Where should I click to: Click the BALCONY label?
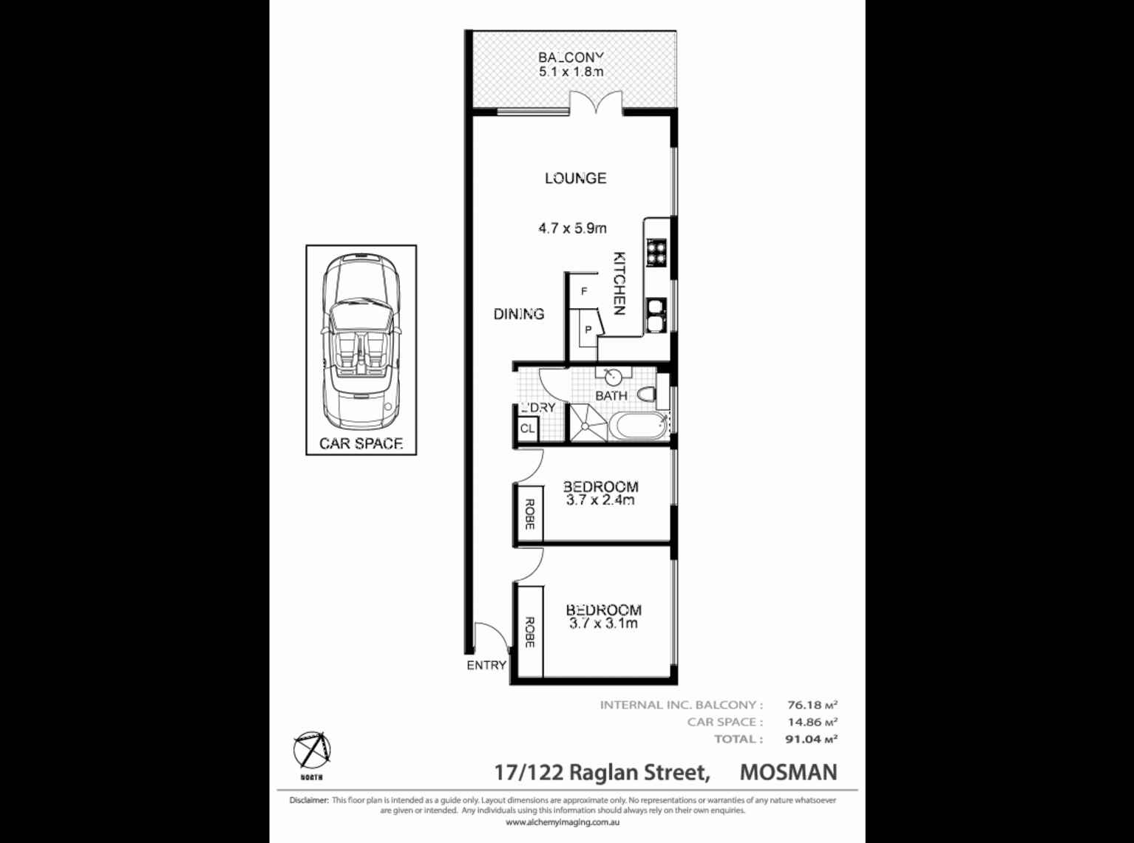click(x=571, y=57)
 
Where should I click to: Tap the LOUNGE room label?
click(x=575, y=178)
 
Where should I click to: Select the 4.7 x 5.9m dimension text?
click(x=572, y=228)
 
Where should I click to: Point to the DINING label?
click(x=519, y=314)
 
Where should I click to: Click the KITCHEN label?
click(x=619, y=284)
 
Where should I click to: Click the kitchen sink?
click(x=656, y=313)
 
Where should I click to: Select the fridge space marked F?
click(x=584, y=292)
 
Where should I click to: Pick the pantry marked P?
click(x=588, y=330)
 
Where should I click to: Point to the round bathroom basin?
click(x=613, y=377)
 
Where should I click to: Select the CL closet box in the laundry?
click(x=527, y=429)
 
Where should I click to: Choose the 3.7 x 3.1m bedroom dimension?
click(x=603, y=624)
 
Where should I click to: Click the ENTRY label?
click(x=486, y=665)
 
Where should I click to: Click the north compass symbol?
click(x=311, y=751)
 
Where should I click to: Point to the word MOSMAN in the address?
click(x=788, y=772)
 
